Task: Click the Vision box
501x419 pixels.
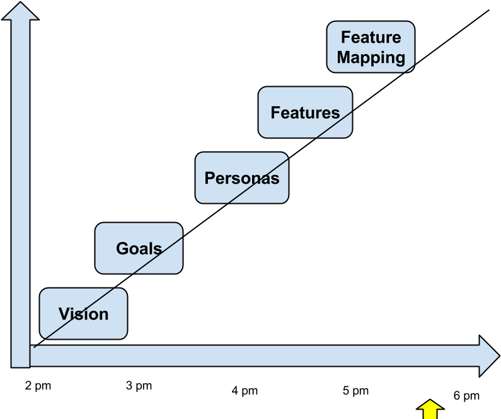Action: click(83, 313)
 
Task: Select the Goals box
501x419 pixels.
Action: click(139, 248)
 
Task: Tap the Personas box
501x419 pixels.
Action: click(241, 177)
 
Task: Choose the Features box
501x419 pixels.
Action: click(305, 113)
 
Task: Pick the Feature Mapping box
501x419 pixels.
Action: click(371, 47)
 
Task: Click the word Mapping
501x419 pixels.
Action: click(371, 57)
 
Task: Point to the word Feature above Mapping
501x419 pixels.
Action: click(371, 37)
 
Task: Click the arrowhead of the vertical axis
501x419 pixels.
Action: click(20, 11)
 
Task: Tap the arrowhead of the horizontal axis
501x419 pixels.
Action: click(488, 355)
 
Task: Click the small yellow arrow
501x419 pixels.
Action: click(430, 410)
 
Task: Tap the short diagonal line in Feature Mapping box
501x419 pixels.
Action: click(410, 68)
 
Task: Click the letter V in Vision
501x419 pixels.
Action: click(64, 313)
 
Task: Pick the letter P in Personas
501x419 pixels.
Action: click(210, 178)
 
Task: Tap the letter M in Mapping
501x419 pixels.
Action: click(343, 57)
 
